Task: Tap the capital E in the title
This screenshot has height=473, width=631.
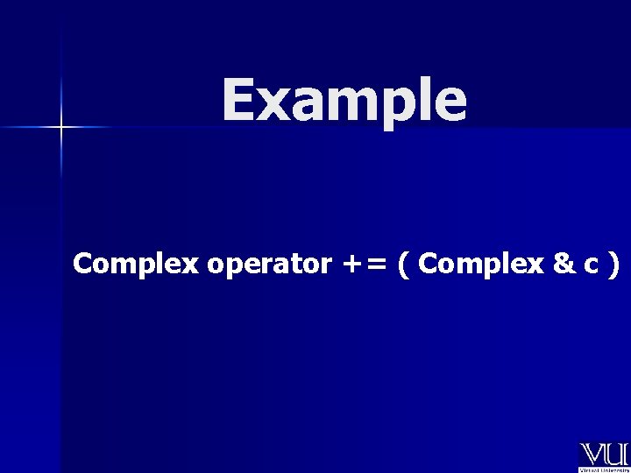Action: click(x=238, y=99)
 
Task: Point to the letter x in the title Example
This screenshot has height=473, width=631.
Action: click(x=273, y=103)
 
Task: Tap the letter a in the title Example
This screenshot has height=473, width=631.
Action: click(x=307, y=103)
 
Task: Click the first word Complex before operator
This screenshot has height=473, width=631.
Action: click(x=136, y=264)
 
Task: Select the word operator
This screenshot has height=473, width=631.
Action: click(x=269, y=265)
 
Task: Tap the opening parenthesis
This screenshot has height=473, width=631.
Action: click(x=403, y=265)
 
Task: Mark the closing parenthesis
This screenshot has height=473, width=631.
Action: click(x=613, y=265)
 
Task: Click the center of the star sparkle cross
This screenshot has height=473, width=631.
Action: click(x=60, y=128)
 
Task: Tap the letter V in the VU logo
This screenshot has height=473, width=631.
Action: click(x=592, y=455)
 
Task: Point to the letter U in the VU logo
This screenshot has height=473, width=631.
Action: click(x=617, y=455)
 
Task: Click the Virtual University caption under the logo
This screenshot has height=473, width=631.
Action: click(x=604, y=469)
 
